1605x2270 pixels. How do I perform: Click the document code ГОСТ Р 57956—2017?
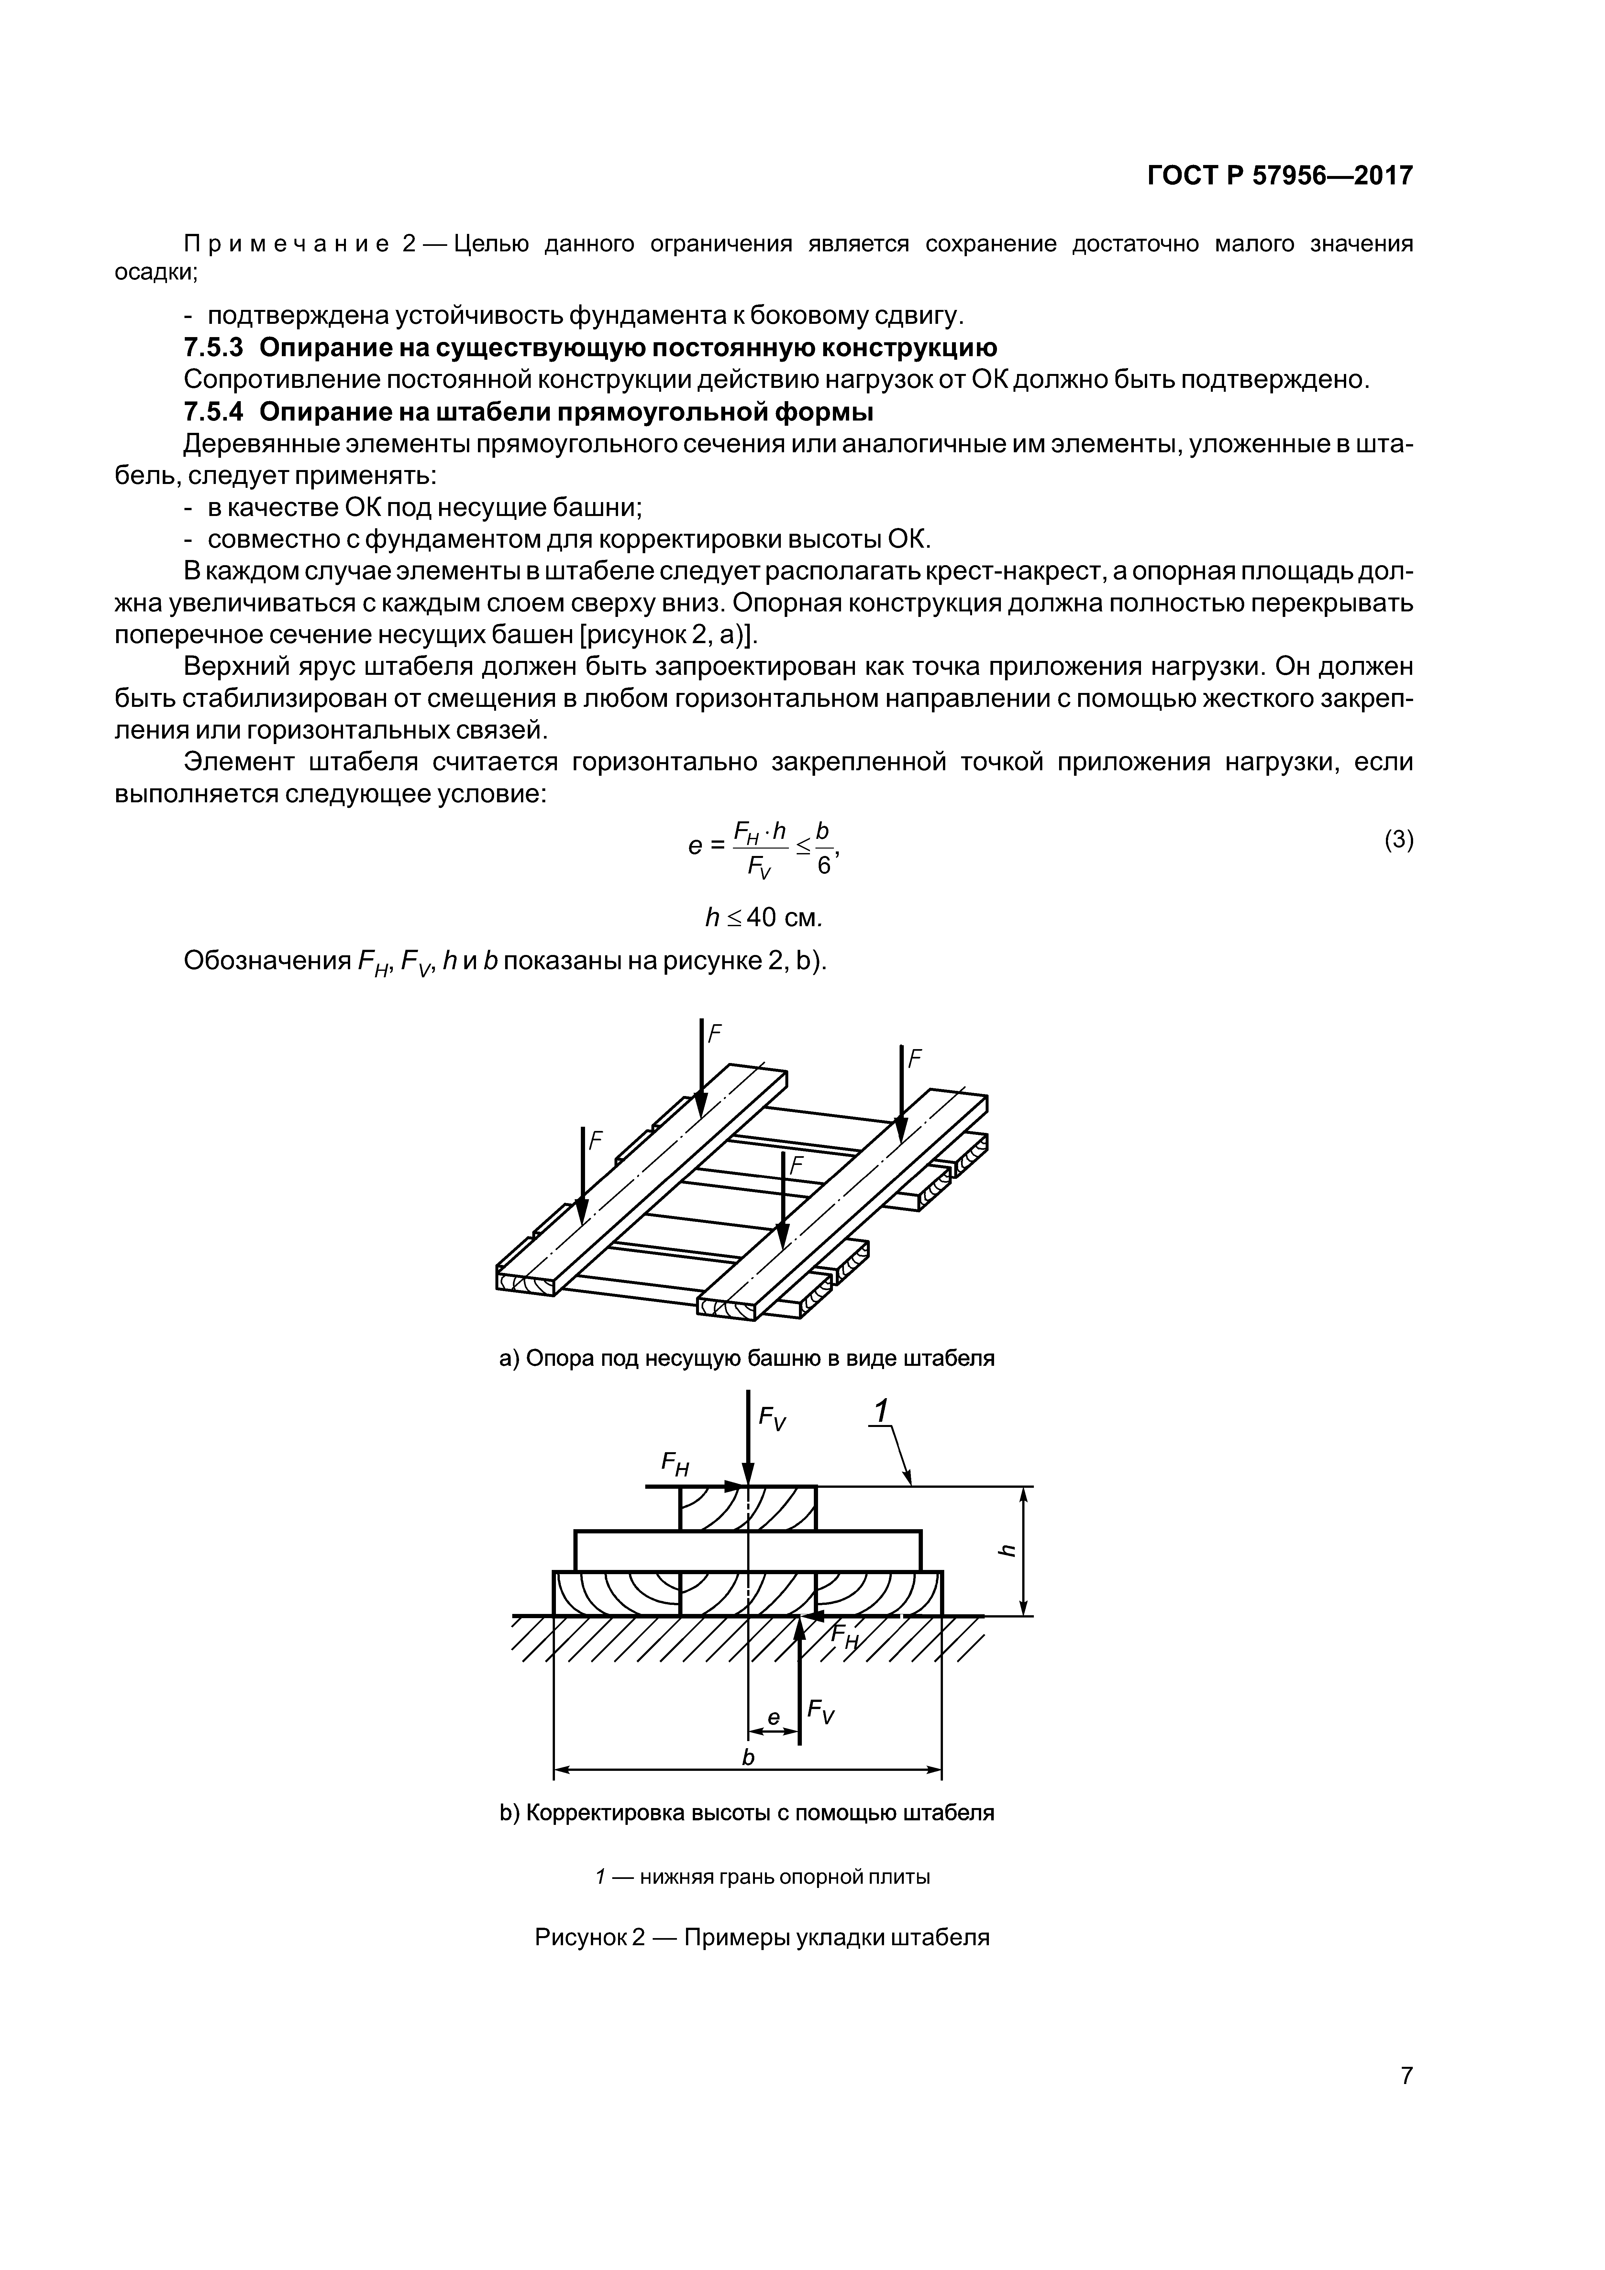click(1280, 176)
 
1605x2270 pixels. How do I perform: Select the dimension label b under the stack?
click(748, 1757)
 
